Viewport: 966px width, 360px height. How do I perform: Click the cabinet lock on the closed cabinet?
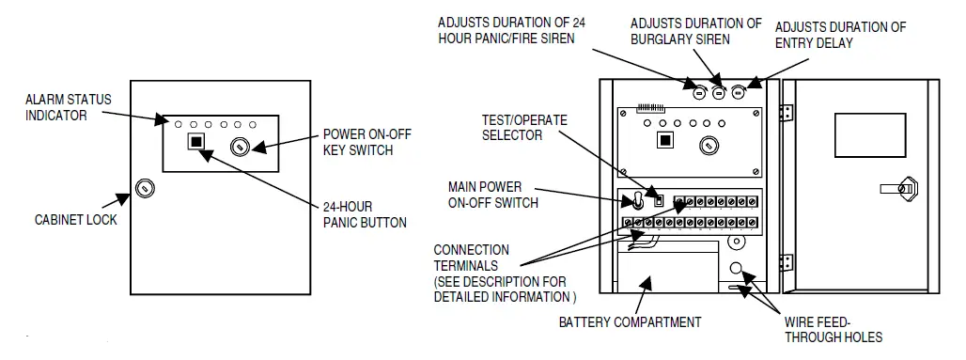click(145, 188)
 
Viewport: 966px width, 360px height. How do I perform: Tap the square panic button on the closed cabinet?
click(196, 141)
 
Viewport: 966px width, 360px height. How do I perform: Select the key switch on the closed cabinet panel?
click(240, 148)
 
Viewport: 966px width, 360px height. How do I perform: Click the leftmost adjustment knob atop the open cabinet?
click(698, 93)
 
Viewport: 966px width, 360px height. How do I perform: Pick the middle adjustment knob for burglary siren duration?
click(718, 93)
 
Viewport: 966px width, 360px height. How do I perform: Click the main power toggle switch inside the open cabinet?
click(636, 200)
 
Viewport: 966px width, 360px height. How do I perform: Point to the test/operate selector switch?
click(659, 200)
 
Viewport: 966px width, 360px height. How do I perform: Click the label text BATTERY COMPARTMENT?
click(630, 322)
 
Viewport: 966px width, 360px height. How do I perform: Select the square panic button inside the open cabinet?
click(664, 139)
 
